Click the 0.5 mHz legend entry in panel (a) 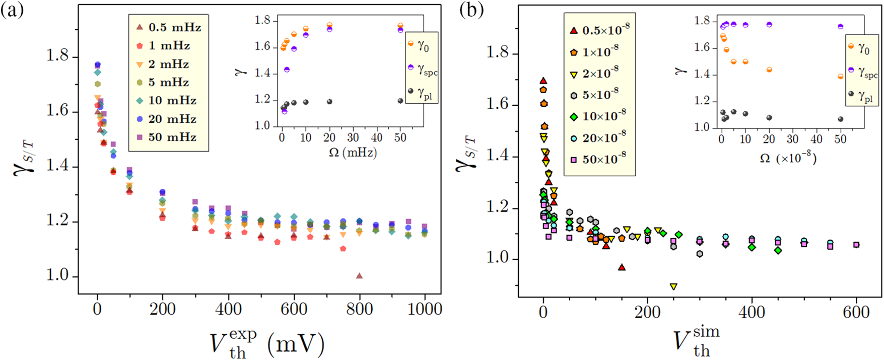pyautogui.click(x=168, y=27)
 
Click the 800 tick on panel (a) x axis pyautogui.click(x=359, y=309)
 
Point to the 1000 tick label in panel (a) pyautogui.click(x=425, y=309)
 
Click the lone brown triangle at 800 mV pyautogui.click(x=359, y=275)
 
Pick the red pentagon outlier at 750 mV pyautogui.click(x=343, y=249)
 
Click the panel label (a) pyautogui.click(x=12, y=11)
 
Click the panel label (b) pyautogui.click(x=471, y=11)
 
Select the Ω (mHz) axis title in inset pyautogui.click(x=353, y=152)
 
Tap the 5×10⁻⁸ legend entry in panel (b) pyautogui.click(x=599, y=95)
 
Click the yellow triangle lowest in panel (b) pyautogui.click(x=673, y=286)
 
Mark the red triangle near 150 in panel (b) pyautogui.click(x=622, y=267)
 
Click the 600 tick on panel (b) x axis pyautogui.click(x=856, y=312)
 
